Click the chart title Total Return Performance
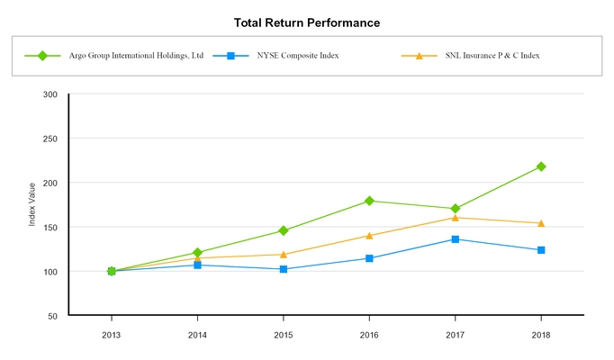tap(306, 22)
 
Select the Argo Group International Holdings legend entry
tap(136, 56)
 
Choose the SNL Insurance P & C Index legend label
tap(492, 56)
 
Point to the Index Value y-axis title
tap(32, 204)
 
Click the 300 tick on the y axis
tap(50, 94)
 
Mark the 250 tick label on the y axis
tap(50, 139)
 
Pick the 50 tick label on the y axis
tap(52, 316)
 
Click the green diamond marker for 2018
tap(541, 166)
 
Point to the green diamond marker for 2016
tap(369, 201)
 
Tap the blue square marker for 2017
tap(456, 239)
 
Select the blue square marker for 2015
tap(284, 269)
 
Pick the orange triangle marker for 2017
tap(456, 218)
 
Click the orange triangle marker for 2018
tap(541, 223)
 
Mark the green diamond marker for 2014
tap(197, 253)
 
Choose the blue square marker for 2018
tap(541, 250)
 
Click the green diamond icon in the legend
tap(41, 56)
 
